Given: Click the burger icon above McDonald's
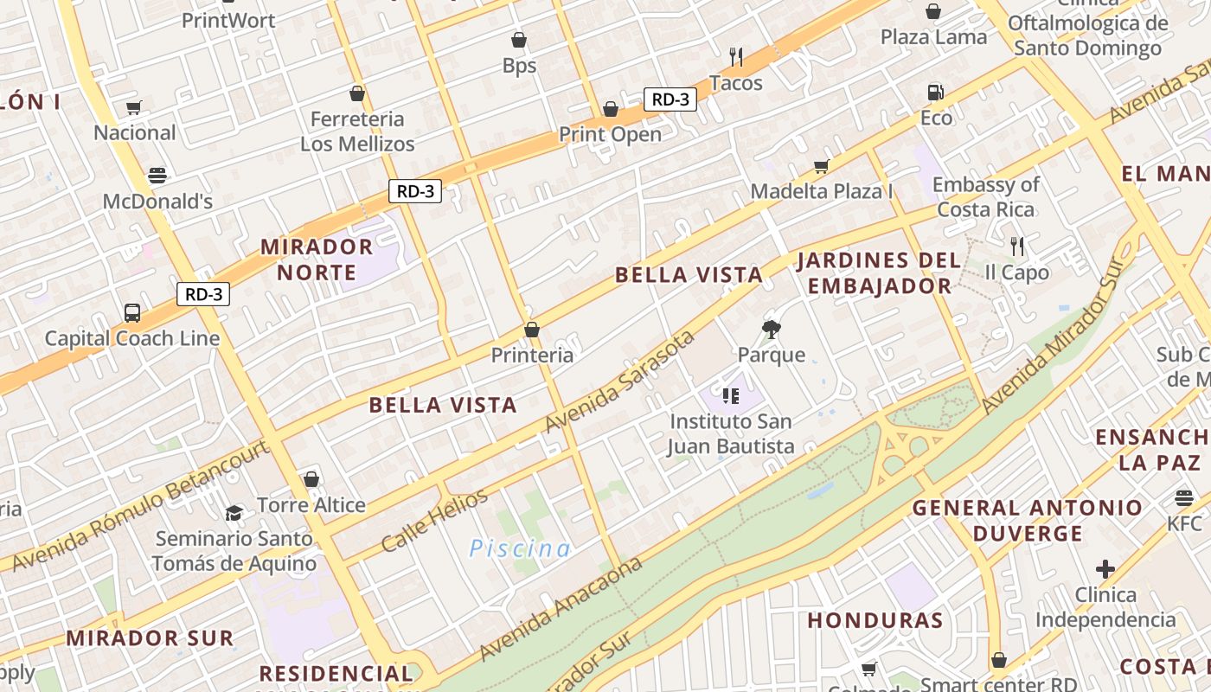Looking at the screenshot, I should [157, 176].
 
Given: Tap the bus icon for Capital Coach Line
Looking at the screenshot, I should [132, 312].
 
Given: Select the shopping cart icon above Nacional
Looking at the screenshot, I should [133, 108].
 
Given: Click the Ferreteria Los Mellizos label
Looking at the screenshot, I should [357, 131].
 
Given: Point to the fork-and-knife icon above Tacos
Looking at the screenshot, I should [736, 57].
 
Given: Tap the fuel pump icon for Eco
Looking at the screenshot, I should [935, 92].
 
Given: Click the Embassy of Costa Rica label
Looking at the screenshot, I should [985, 197].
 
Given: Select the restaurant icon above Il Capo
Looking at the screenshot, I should [1017, 247].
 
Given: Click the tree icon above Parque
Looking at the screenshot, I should [771, 329].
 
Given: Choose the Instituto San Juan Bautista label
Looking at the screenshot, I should [731, 433].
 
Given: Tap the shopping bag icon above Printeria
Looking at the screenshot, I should [532, 330].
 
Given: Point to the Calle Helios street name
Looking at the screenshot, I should [434, 521].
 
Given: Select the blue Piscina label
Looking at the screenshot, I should [520, 548].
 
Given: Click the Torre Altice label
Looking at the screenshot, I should [311, 505].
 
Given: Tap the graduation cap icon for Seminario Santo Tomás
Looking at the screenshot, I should [234, 513].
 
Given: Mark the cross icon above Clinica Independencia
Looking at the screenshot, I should [1105, 569].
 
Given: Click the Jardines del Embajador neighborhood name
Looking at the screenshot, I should [878, 272].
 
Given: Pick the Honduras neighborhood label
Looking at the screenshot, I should [875, 620].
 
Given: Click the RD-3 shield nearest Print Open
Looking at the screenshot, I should [670, 99].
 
